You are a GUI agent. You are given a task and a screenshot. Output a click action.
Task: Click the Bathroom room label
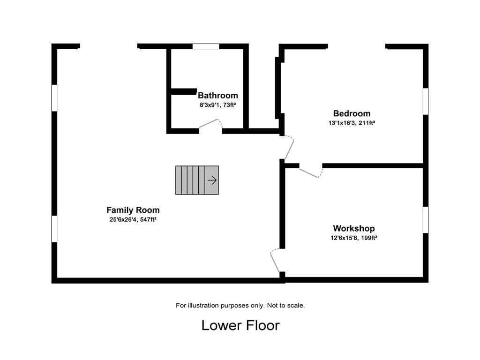point(217,95)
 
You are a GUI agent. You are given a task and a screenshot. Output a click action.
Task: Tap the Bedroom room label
point(352,113)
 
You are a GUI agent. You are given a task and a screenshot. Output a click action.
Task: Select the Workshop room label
point(354,228)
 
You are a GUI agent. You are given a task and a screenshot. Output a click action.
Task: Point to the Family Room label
point(133,210)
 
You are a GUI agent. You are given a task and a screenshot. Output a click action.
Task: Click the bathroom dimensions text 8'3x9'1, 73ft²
point(217,105)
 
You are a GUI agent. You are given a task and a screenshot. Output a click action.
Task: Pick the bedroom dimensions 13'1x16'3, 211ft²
point(352,123)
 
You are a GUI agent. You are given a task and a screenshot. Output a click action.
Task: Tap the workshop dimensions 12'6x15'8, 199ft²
point(354,238)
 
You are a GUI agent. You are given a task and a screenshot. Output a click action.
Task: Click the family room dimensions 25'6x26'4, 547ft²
point(133,219)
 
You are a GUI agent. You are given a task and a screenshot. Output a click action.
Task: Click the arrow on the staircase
point(212,180)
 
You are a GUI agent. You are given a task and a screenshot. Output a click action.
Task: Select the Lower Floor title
point(240,325)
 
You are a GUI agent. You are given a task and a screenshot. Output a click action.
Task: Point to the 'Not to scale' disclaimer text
point(286,306)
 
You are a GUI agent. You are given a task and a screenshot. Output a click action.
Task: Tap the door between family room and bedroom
point(289,148)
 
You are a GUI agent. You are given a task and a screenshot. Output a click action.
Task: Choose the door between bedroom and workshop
point(311,172)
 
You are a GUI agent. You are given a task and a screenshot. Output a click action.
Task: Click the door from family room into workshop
point(275,260)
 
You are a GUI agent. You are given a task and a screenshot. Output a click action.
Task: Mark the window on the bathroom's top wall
point(206,46)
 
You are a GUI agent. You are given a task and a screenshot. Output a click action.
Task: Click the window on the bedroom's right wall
point(426,101)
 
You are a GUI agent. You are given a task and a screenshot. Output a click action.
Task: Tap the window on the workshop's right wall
point(426,220)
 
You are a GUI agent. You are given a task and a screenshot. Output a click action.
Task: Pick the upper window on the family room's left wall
point(54,98)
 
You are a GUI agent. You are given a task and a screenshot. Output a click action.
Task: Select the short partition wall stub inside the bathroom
point(184,91)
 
